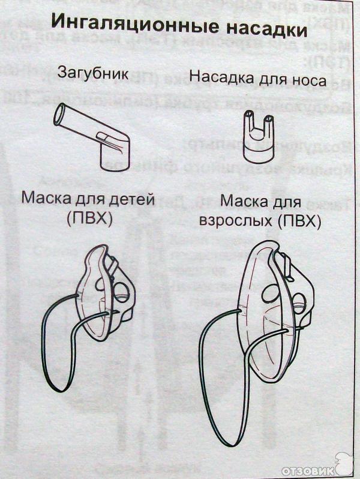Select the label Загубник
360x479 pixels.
pos(93,74)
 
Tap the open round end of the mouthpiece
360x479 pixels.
pos(60,115)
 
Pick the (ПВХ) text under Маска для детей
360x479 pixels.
pos(90,219)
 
